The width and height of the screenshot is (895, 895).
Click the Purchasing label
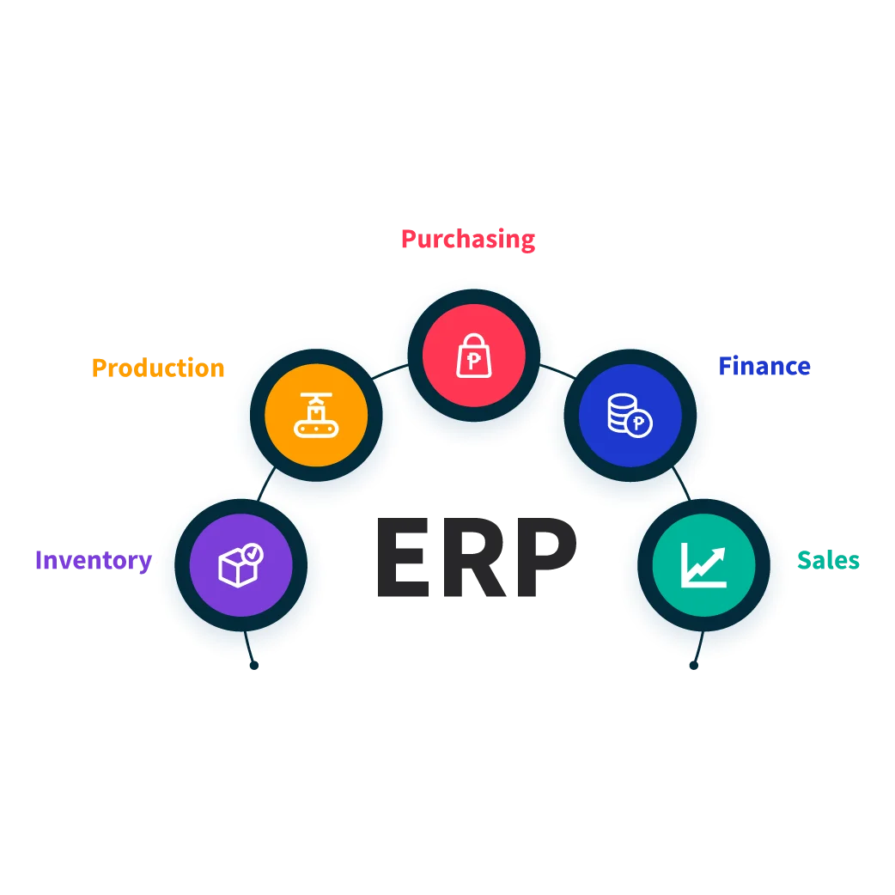point(467,240)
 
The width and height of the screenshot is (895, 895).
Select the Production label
point(158,368)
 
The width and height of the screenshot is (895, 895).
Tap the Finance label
point(764,367)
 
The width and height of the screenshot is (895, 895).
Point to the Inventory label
point(93,560)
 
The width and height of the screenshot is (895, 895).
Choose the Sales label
point(829,560)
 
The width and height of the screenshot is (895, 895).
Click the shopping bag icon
point(474,356)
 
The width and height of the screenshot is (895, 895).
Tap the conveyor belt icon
point(316,416)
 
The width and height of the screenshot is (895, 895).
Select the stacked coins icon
point(622,412)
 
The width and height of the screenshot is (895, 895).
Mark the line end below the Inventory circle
point(253,665)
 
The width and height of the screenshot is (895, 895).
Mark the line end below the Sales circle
point(694,665)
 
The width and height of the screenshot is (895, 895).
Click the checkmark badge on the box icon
point(253,553)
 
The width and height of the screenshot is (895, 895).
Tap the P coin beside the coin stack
point(638,423)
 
